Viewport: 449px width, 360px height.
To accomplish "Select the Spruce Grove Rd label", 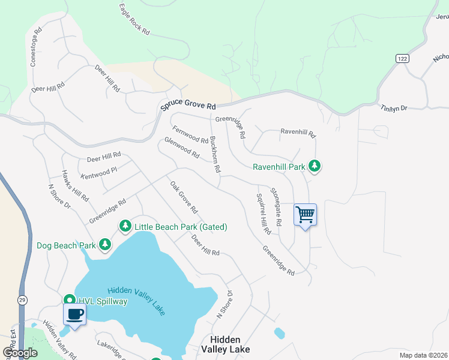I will pyautogui.click(x=188, y=106).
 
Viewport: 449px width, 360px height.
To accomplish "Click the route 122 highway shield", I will pyautogui.click(x=402, y=58).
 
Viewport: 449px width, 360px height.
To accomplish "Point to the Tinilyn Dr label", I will pyautogui.click(x=394, y=108).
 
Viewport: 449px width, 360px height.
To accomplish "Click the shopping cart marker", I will pyautogui.click(x=305, y=214).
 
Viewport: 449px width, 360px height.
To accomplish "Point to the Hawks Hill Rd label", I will pyautogui.click(x=75, y=185).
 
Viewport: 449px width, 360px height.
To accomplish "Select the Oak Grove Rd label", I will pyautogui.click(x=184, y=197).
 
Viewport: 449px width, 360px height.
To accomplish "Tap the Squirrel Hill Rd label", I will pyautogui.click(x=264, y=214).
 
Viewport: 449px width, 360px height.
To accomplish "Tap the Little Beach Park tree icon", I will pyautogui.click(x=125, y=226).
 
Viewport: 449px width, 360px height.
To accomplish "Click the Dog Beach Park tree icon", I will pyautogui.click(x=105, y=244).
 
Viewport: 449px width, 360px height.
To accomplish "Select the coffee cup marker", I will pyautogui.click(x=74, y=314).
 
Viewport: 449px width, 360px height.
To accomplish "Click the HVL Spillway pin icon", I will pyautogui.click(x=69, y=300).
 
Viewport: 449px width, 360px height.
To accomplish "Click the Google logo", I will pyautogui.click(x=20, y=353).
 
